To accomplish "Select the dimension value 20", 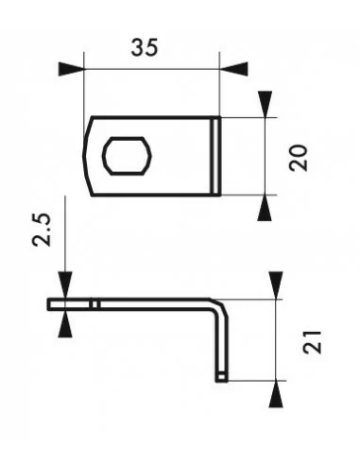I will [x=299, y=157].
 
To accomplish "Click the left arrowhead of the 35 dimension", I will [x=71, y=69].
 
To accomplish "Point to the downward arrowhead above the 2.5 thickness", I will [x=64, y=285].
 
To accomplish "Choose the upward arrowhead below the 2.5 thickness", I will [x=64, y=323].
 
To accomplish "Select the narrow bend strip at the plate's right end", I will [x=216, y=156].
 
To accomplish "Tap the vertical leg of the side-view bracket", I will [x=222, y=340].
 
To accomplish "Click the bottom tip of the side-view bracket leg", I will [x=222, y=377].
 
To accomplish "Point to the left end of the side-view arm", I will [x=53, y=304].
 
